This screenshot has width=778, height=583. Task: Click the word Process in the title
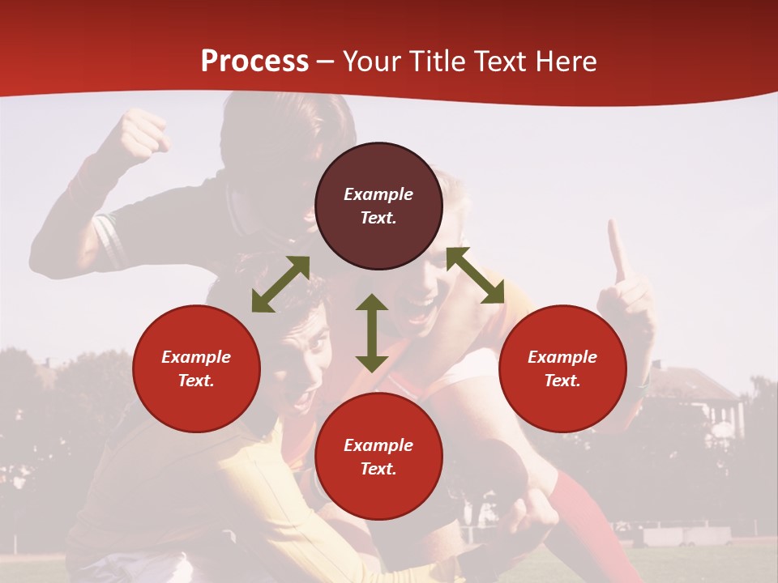pos(254,62)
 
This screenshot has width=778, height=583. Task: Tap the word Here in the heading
pos(564,62)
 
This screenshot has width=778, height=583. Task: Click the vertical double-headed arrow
pos(372,333)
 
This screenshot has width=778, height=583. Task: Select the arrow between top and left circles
pos(280,284)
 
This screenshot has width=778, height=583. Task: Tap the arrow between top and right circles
pos(475,275)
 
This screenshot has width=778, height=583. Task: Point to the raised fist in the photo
pos(143,133)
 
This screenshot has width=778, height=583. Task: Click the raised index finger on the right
pos(617,251)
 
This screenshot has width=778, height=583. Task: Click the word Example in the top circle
pos(378,194)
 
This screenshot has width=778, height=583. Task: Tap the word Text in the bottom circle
pos(378,469)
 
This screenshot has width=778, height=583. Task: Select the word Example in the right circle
pos(562,357)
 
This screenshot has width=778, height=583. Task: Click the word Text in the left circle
pos(196,381)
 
